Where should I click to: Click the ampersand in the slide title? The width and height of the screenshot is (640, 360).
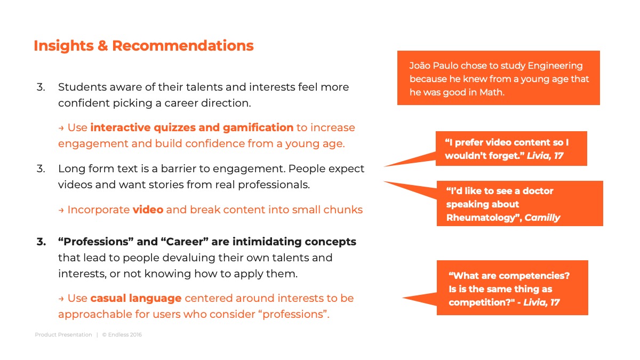click(102, 46)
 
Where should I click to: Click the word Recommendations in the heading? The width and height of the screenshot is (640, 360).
click(183, 46)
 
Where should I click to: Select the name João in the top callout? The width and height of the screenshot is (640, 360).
click(420, 66)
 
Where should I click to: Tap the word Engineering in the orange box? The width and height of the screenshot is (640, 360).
click(555, 66)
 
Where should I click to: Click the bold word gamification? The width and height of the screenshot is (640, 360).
click(258, 127)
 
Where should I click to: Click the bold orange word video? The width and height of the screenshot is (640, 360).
click(148, 210)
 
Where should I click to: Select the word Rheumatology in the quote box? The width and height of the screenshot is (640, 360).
click(483, 218)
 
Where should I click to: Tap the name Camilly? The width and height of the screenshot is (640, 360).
click(542, 218)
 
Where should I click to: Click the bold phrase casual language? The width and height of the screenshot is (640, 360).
click(136, 299)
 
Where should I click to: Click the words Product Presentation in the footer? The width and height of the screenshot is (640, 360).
click(63, 334)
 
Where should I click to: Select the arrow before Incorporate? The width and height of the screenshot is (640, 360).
click(61, 211)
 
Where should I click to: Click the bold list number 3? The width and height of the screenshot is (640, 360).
click(42, 242)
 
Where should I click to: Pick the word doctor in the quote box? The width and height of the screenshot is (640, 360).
click(538, 191)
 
